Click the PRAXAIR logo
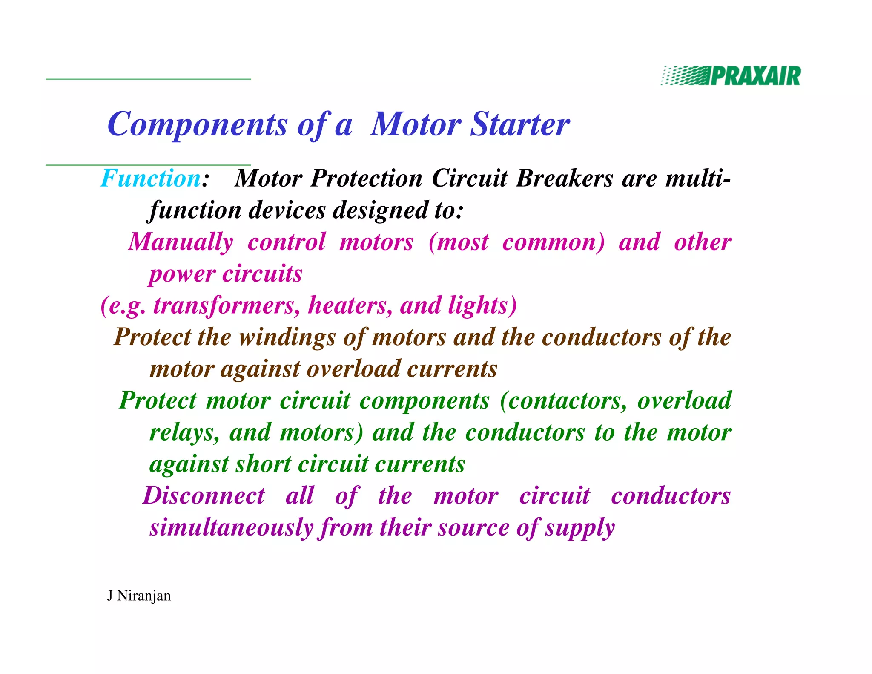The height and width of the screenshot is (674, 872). (731, 76)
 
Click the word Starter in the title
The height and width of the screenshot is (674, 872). (520, 124)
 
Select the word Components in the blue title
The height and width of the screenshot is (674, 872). (198, 124)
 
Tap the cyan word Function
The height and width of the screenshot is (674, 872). (151, 178)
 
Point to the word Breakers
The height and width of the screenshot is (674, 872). (565, 178)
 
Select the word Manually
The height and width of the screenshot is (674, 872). (181, 242)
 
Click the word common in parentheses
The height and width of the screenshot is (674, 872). (552, 242)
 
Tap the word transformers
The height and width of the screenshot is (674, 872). (226, 305)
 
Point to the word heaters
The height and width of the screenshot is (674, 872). (349, 305)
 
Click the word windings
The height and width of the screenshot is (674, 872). (287, 337)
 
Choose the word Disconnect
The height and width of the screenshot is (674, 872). (204, 496)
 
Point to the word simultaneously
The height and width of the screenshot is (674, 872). (232, 527)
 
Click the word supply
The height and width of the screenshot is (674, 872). (580, 528)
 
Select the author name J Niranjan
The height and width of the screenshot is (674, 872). (139, 596)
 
